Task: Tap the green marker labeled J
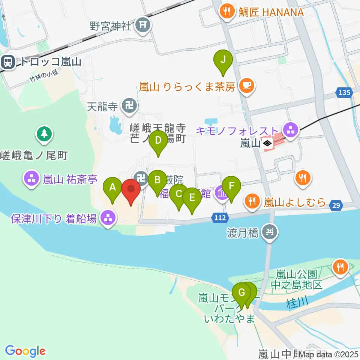coord(223,60)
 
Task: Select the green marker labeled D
coord(158,141)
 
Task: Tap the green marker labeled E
coord(192,198)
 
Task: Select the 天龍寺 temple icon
coord(130,106)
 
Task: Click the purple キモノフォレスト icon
coord(290,130)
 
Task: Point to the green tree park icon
coord(45,133)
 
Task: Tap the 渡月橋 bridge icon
coord(270,233)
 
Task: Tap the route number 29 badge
coord(336,205)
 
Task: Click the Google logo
coord(25,351)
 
